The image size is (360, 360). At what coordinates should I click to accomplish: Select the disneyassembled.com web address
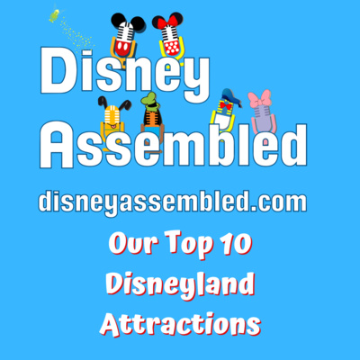point(173,202)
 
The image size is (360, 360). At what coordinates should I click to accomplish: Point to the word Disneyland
point(181,284)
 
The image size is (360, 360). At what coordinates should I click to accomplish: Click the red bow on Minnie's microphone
point(167,22)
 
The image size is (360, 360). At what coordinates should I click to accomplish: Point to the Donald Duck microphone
point(226,112)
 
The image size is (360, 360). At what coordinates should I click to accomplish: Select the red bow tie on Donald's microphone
point(226,105)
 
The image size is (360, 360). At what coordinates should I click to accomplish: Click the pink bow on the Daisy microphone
point(259,100)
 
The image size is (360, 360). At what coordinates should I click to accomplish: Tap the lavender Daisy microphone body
point(262,119)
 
